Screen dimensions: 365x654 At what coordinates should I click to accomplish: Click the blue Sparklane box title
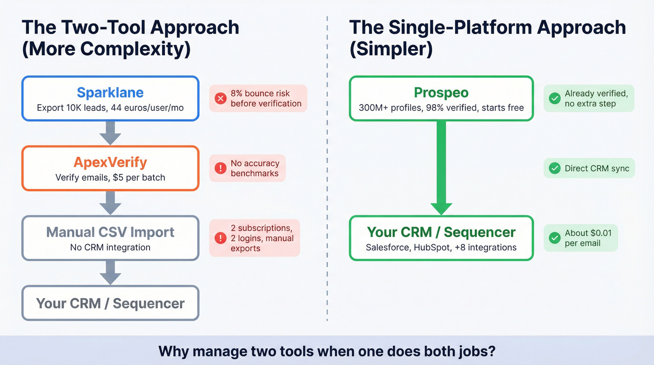[x=110, y=92]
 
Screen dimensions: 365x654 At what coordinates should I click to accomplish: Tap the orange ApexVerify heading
[x=110, y=162]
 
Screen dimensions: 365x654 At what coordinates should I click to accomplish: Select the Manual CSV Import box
[x=110, y=238]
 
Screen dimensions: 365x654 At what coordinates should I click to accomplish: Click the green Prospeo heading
[x=441, y=92]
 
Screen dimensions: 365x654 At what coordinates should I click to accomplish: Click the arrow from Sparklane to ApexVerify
[x=110, y=133]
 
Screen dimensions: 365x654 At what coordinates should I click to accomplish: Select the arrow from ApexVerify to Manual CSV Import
[x=110, y=202]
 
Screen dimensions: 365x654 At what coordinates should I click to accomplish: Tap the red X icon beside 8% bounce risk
[x=220, y=98]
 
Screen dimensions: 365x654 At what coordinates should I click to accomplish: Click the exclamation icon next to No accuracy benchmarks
[x=220, y=168]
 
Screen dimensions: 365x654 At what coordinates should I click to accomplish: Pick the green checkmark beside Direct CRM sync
[x=554, y=168]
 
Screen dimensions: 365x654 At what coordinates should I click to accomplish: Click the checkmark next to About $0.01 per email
[x=554, y=238]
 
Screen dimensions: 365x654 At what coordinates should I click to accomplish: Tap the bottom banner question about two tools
[x=327, y=351]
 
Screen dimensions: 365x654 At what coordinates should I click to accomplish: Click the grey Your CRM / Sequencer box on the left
[x=110, y=303]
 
